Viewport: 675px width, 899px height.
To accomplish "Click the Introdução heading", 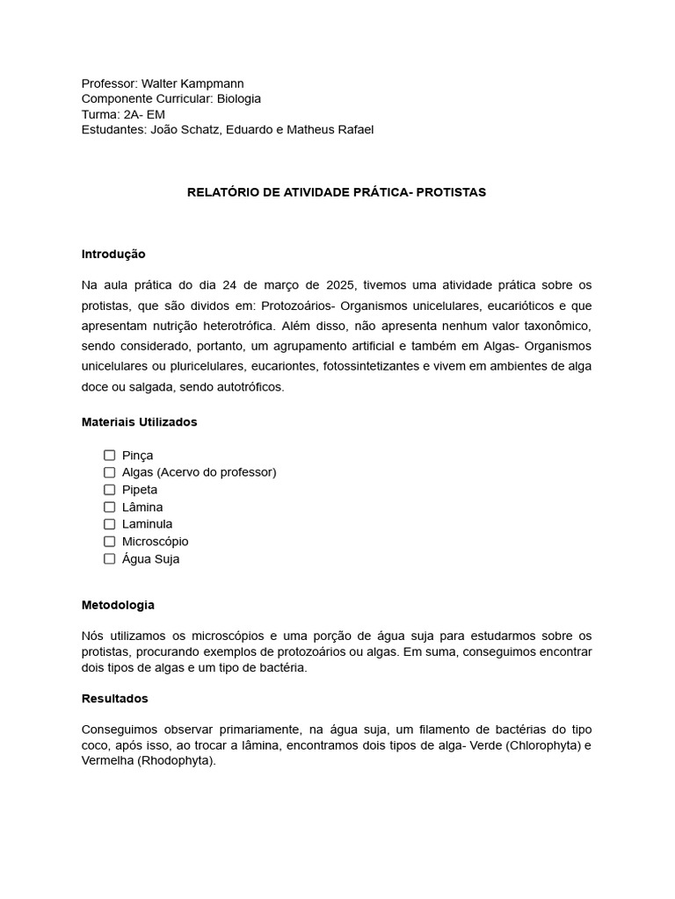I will [113, 254].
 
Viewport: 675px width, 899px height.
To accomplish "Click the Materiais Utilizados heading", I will [139, 421].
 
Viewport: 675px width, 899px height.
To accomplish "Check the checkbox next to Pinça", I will [110, 455].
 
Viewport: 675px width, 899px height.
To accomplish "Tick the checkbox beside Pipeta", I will [110, 489].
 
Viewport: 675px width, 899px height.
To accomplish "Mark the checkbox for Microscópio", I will [110, 541].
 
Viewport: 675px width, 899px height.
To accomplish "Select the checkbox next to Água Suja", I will [110, 558].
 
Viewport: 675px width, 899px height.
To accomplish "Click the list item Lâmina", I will [142, 507].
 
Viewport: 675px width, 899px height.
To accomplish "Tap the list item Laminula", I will [147, 524].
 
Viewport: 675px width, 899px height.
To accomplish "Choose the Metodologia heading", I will [118, 605].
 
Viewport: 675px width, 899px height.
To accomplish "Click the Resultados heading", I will [115, 698].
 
